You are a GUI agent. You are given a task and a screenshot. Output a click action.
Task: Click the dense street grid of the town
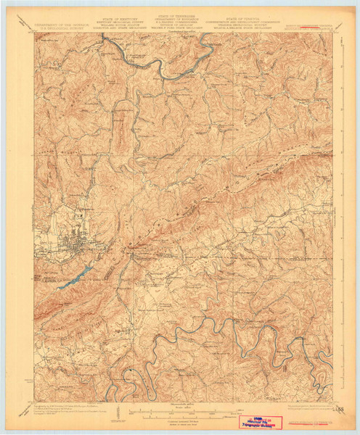pyautogui.click(x=70, y=244)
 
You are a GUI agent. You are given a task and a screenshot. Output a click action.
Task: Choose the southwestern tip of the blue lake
pyautogui.click(x=58, y=287)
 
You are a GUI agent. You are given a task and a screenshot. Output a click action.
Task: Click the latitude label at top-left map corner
pyautogui.click(x=30, y=32)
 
